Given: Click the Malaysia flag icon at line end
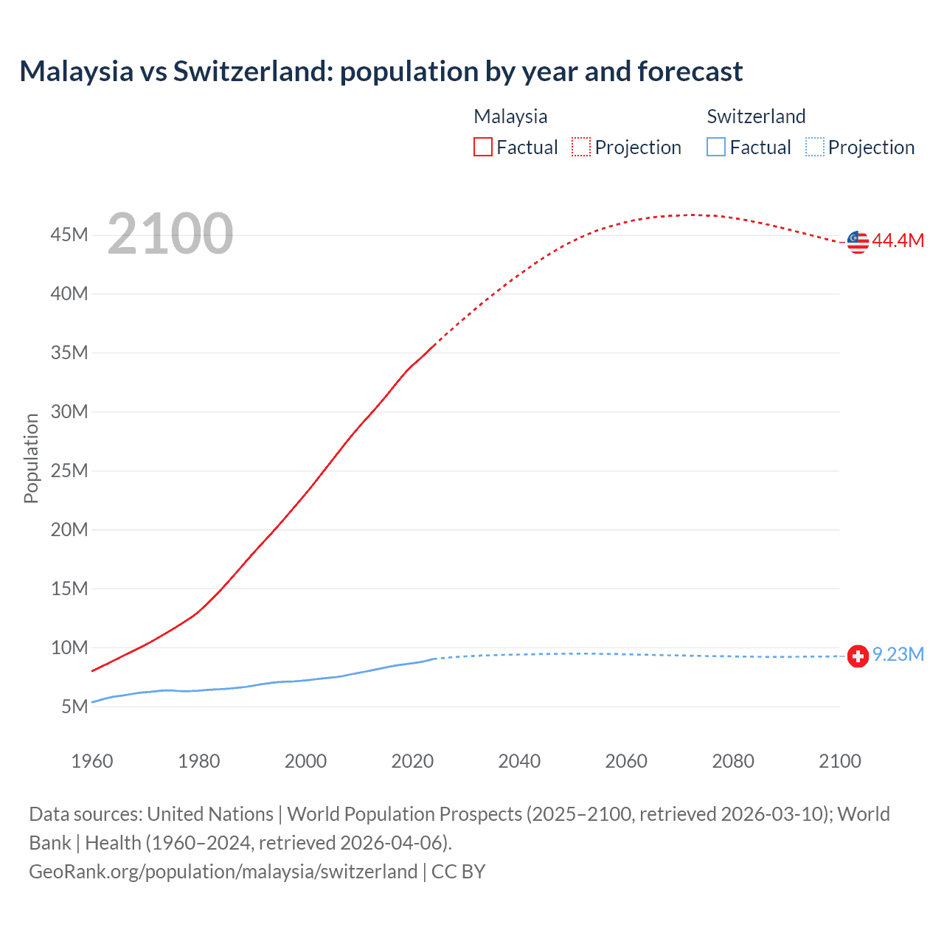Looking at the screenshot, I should point(858,241).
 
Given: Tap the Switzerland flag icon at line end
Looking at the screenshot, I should point(858,656).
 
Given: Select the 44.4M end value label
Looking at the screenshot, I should point(898,240).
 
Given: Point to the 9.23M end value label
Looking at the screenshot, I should point(898,655).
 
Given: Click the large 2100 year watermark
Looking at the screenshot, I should point(170,234).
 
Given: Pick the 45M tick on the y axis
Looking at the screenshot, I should point(69,235).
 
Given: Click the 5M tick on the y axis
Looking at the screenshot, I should point(74,707).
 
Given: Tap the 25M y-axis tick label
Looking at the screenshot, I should point(69,471).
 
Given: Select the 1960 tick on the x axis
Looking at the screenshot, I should point(92,761).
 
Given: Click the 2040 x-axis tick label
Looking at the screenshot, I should point(519,761).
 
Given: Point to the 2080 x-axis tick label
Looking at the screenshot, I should point(733,761).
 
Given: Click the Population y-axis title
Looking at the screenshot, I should point(31,458).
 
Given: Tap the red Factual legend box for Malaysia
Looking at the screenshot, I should point(483,147).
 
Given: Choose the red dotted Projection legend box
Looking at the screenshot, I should point(581,147).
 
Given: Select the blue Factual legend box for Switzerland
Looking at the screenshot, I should point(716,147).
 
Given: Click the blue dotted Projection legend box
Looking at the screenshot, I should point(815,147).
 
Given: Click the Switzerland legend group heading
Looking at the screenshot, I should point(756,117).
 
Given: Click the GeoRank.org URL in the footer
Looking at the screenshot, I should point(223,872).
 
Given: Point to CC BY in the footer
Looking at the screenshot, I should point(458,872).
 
